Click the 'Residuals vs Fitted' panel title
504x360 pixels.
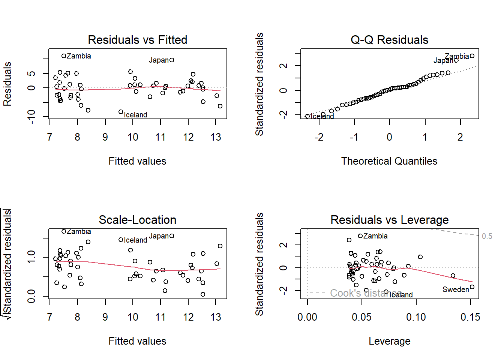[x=137, y=40]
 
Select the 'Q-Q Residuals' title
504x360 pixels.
[x=389, y=40]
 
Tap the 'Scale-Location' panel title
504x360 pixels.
[x=137, y=220]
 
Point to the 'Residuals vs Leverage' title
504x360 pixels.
[x=389, y=220]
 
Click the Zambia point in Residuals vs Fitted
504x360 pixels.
[x=64, y=56]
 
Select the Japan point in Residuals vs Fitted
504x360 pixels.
[x=172, y=60]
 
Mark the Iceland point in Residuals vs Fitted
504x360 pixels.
[x=121, y=112]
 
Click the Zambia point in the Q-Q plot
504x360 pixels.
[x=472, y=56]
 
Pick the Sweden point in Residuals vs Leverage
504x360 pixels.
[x=472, y=287]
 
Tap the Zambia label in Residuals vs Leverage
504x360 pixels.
[x=375, y=236]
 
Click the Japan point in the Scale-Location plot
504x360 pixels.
[x=172, y=236]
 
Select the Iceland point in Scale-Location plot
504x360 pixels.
[x=121, y=240]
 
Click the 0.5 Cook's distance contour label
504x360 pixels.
[x=487, y=236]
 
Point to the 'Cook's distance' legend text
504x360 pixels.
[x=366, y=293]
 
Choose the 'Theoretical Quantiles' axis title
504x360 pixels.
[x=389, y=161]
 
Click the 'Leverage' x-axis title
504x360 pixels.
[x=389, y=341]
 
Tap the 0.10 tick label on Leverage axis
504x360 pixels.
[x=416, y=317]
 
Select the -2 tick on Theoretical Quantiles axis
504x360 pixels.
[x=319, y=137]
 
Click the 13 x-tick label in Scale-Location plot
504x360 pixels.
[x=216, y=317]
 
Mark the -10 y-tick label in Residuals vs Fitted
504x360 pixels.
[x=31, y=117]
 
